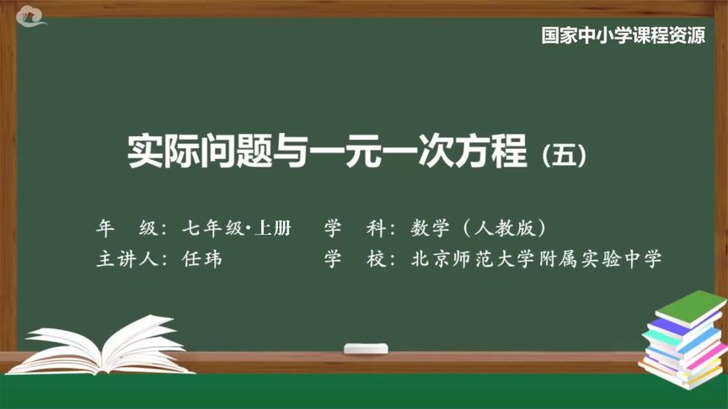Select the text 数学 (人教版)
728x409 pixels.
pyautogui.click(x=479, y=228)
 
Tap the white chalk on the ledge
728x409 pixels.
pyautogui.click(x=366, y=348)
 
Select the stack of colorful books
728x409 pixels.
pyautogui.click(x=682, y=337)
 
